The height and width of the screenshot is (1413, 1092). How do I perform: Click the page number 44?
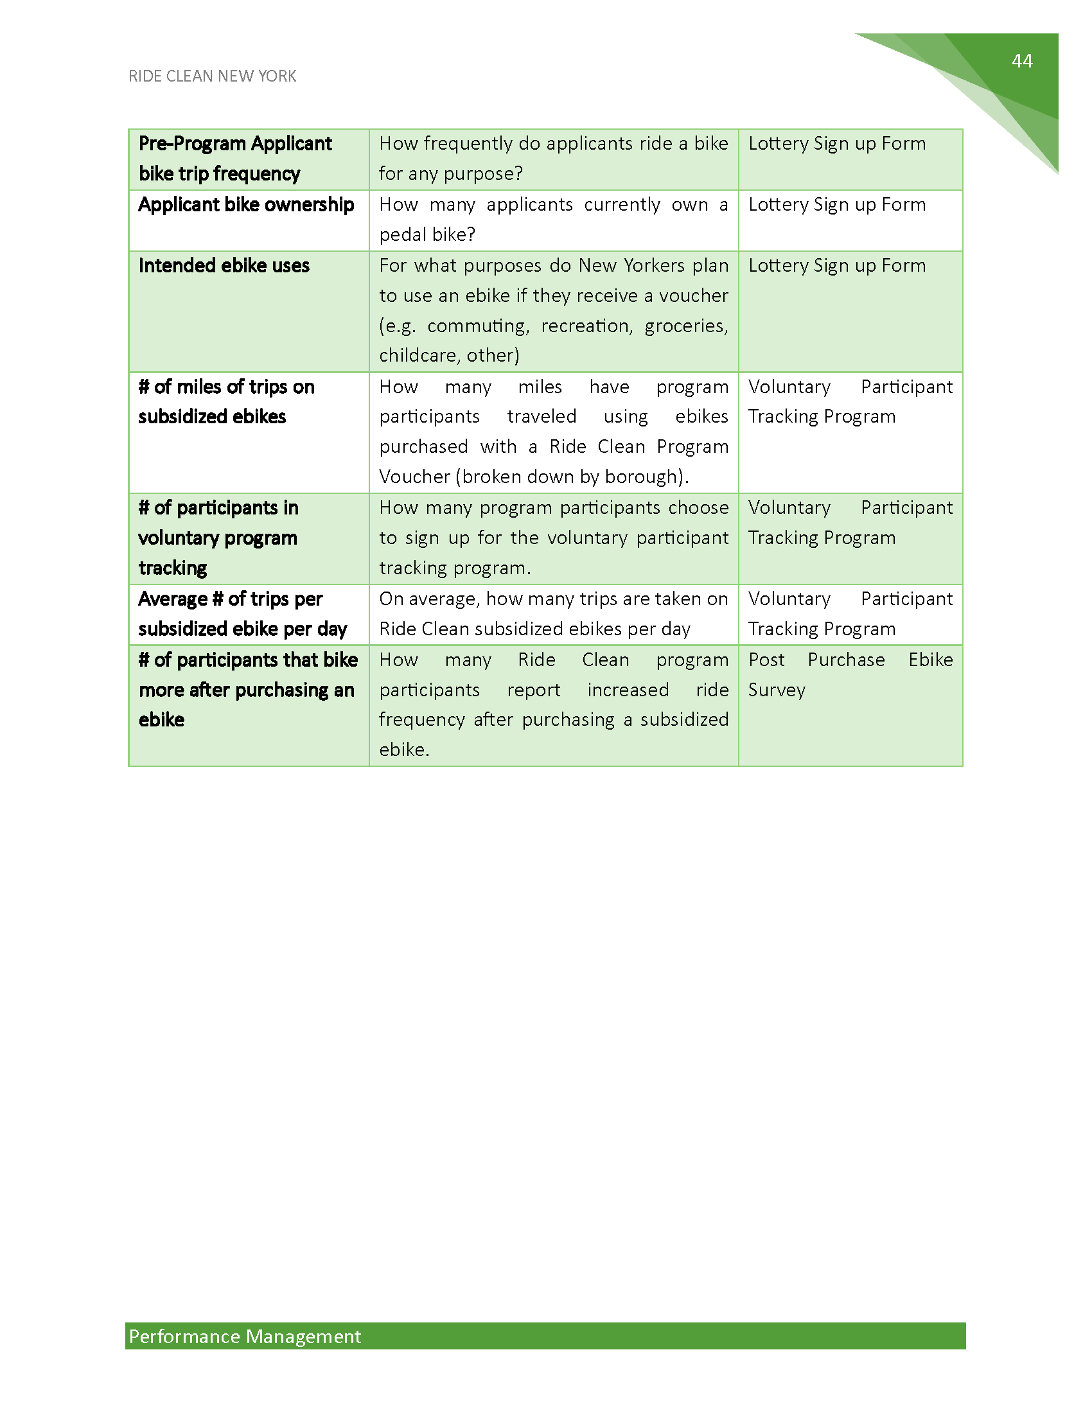pyautogui.click(x=1021, y=61)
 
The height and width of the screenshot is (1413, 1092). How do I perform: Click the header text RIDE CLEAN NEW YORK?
pyautogui.click(x=212, y=76)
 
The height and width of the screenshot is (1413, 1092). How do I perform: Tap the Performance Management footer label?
pyautogui.click(x=245, y=1336)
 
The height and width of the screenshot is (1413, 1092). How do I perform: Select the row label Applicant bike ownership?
pyautogui.click(x=246, y=204)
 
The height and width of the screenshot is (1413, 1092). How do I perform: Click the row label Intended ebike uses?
pyautogui.click(x=224, y=265)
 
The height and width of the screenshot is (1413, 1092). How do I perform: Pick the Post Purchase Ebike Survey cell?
pyautogui.click(x=850, y=674)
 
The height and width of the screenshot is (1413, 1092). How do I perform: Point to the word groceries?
pyautogui.click(x=685, y=326)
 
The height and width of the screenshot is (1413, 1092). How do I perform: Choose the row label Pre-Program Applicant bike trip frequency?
pyautogui.click(x=235, y=159)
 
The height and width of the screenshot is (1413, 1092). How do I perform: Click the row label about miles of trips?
pyautogui.click(x=225, y=401)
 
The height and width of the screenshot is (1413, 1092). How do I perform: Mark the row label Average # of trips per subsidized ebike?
pyautogui.click(x=243, y=613)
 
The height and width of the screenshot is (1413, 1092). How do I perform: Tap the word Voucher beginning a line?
pyautogui.click(x=414, y=477)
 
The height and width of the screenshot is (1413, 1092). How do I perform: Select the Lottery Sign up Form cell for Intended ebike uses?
pyautogui.click(x=837, y=265)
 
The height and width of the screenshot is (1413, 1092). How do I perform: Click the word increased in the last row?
pyautogui.click(x=628, y=690)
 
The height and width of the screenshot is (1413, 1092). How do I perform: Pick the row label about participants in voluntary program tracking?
pyautogui.click(x=218, y=538)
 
